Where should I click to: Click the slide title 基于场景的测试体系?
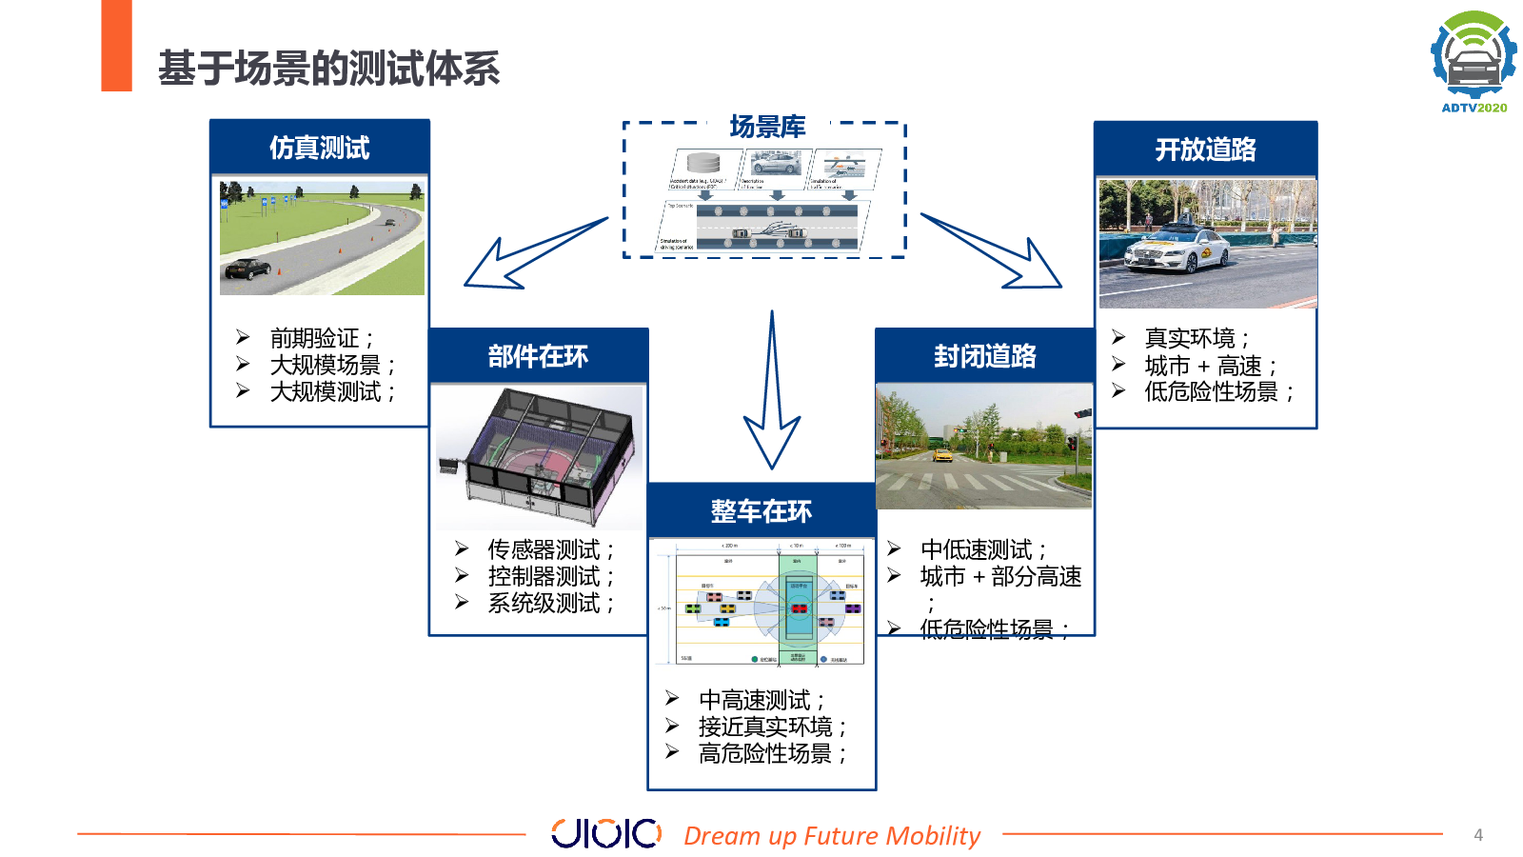(x=328, y=69)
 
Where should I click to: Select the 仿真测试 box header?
(x=320, y=148)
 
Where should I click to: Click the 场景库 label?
(x=767, y=127)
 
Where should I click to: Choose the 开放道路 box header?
(x=1205, y=149)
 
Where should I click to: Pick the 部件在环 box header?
(x=538, y=356)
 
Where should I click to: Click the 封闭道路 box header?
(x=984, y=356)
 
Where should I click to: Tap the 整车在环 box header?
(x=761, y=511)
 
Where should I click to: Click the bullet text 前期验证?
(x=314, y=338)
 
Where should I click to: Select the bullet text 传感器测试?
(x=544, y=549)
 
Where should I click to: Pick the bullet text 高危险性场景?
(x=765, y=753)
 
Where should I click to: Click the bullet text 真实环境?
(x=1190, y=338)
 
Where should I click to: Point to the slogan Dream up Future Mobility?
(x=832, y=835)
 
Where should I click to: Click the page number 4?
(x=1478, y=835)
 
